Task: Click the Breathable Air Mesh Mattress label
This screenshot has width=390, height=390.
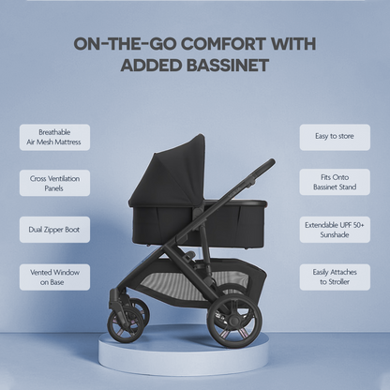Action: (x=55, y=137)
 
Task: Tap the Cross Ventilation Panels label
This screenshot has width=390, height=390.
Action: (x=55, y=183)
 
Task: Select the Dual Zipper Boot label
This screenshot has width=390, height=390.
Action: (x=55, y=229)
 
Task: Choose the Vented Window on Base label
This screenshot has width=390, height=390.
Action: (x=55, y=277)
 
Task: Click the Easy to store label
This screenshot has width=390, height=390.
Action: (x=335, y=137)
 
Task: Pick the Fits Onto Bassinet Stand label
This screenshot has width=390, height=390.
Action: (x=335, y=183)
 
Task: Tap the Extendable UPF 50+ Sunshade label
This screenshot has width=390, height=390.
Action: (x=335, y=229)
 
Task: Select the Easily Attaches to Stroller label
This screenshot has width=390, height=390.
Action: (x=335, y=277)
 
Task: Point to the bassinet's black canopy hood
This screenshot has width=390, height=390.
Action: (x=173, y=169)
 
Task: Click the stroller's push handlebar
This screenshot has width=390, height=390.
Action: (x=262, y=169)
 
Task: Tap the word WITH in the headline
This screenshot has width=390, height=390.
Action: (x=290, y=43)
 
